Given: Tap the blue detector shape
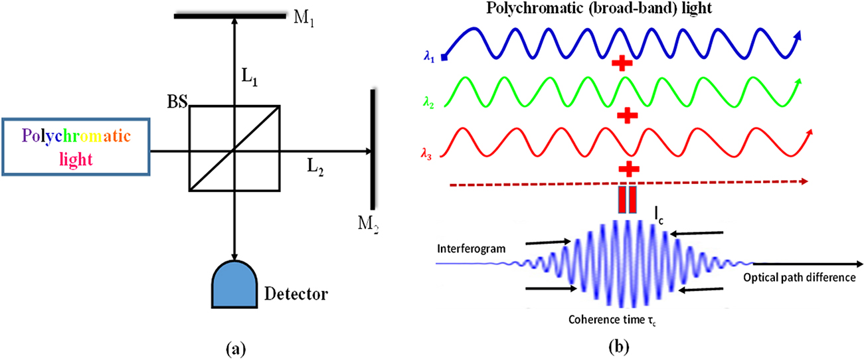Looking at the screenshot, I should [234, 283].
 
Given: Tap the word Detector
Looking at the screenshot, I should [296, 293].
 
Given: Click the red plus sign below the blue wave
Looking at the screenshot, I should [622, 64].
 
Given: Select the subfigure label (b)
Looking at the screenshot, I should [608, 346].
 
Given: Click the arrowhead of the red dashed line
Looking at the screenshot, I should [805, 180].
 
